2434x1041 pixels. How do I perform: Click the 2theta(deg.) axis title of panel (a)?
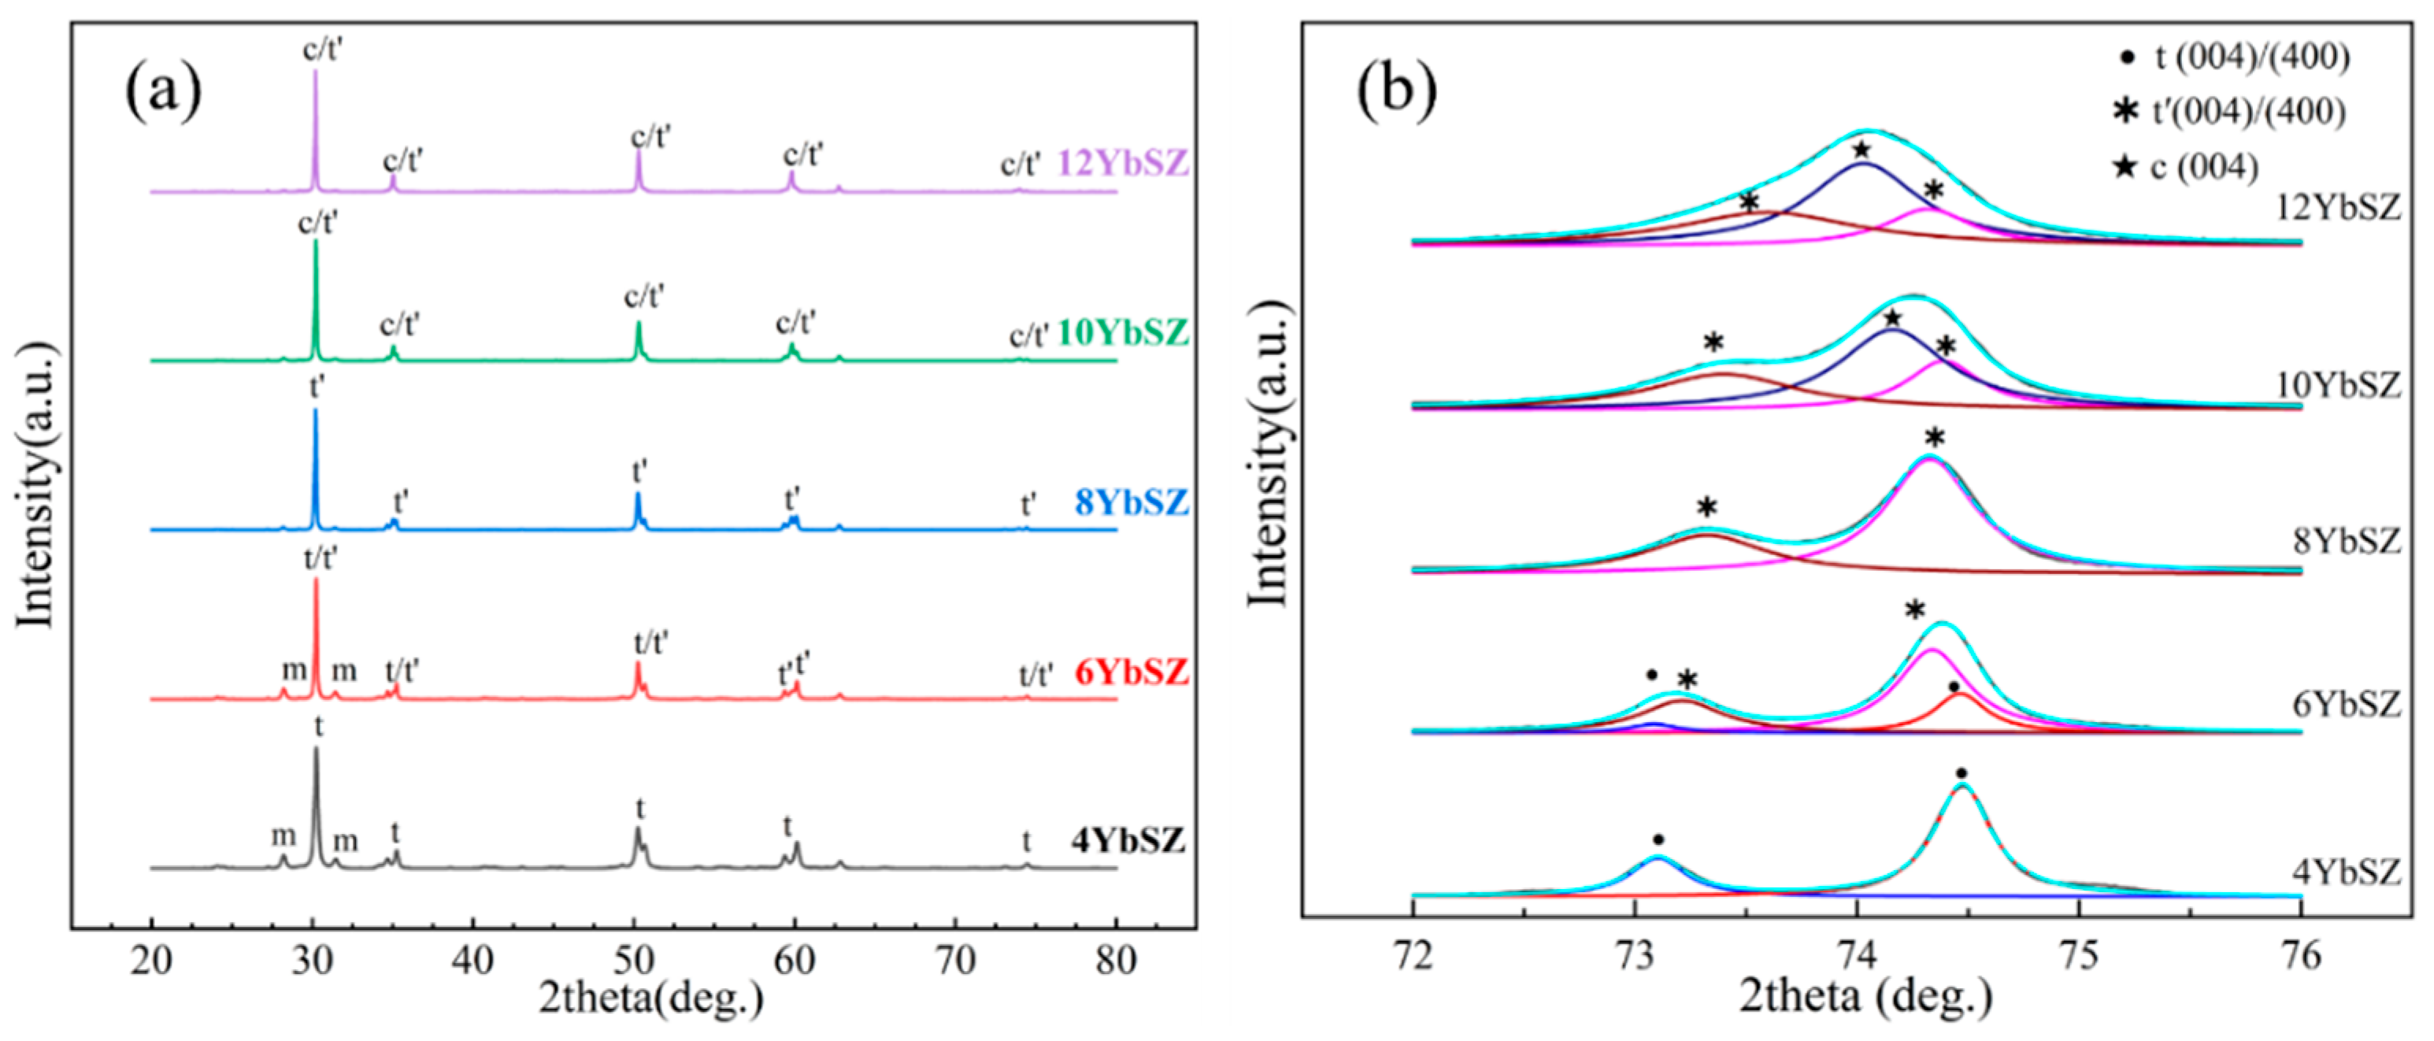pos(651,998)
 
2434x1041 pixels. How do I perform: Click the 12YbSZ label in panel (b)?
pos(2338,207)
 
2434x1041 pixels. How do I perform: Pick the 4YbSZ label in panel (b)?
pos(2346,871)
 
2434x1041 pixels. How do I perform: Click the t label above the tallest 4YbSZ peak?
pos(318,728)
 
